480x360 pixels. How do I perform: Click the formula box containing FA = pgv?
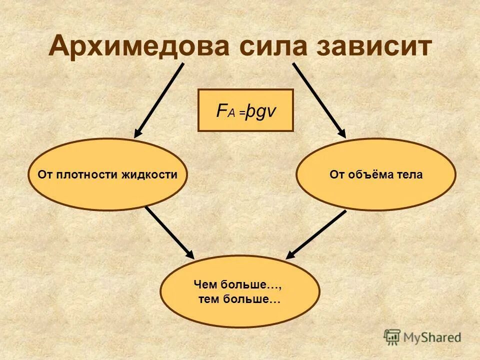245,110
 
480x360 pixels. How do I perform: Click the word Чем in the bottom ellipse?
204,285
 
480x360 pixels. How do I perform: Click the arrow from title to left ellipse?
159,100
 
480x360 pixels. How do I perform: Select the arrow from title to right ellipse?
319,100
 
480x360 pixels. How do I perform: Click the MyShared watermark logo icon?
392,337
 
